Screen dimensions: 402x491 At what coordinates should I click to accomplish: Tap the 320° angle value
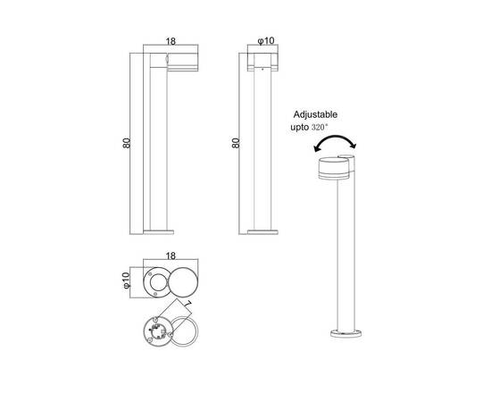(x=320, y=130)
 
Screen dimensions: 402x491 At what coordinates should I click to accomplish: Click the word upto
(x=298, y=130)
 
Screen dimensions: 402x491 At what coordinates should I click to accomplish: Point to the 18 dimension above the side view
(x=171, y=41)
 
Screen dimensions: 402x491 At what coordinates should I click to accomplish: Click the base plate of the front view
(x=262, y=233)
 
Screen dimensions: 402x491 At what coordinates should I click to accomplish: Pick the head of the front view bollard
(x=262, y=62)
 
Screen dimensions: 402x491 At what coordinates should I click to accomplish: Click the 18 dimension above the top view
(x=171, y=255)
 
